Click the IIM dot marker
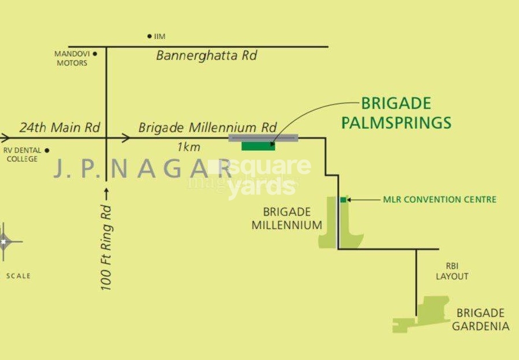(150, 36)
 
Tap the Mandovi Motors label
(72, 58)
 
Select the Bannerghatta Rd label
(207, 56)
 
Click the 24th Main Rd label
(59, 127)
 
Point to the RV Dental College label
(22, 155)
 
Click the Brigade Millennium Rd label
(208, 127)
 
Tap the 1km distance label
(189, 147)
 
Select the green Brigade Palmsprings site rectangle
(258, 146)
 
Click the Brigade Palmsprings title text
(396, 113)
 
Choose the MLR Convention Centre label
(439, 200)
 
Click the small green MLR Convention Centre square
(343, 200)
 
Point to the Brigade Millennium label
(286, 218)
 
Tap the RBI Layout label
(452, 271)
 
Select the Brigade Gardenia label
(480, 320)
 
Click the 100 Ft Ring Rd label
(107, 247)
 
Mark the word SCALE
(18, 276)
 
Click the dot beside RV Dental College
(47, 150)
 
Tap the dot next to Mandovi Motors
(95, 54)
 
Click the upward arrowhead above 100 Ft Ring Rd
(107, 190)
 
